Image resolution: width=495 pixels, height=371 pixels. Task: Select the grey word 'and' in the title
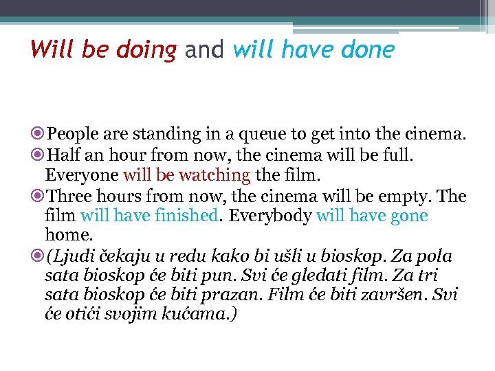[x=204, y=49]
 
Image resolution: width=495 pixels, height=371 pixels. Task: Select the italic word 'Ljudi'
[x=71, y=256]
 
